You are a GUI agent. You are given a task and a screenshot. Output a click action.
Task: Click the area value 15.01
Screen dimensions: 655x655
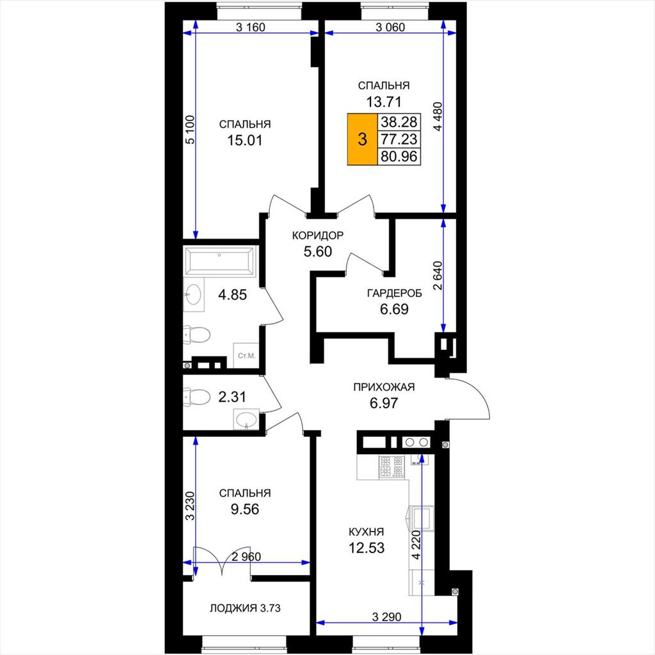pyautogui.click(x=245, y=140)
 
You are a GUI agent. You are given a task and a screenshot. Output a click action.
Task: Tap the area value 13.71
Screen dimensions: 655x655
pyautogui.click(x=384, y=102)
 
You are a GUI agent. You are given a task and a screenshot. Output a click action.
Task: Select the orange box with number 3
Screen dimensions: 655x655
pyautogui.click(x=363, y=139)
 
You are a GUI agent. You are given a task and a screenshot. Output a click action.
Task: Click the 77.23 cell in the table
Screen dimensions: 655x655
pyautogui.click(x=399, y=139)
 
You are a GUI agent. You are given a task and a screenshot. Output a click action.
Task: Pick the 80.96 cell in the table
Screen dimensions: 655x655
pyautogui.click(x=399, y=156)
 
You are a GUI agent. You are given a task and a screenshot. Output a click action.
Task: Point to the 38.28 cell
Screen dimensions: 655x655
pyautogui.click(x=399, y=122)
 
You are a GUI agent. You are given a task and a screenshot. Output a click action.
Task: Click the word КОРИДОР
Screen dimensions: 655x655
pyautogui.click(x=317, y=235)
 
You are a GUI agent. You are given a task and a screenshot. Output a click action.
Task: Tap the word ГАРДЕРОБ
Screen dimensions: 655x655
pyautogui.click(x=394, y=293)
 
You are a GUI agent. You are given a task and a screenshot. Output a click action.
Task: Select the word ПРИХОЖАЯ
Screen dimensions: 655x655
pyautogui.click(x=384, y=387)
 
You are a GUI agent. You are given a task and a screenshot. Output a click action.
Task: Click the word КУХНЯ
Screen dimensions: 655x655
pyautogui.click(x=367, y=532)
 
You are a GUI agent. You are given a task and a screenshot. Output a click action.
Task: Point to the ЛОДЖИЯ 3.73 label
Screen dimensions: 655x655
pyautogui.click(x=245, y=608)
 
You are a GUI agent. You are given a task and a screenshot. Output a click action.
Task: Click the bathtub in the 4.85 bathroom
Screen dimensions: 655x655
pyautogui.click(x=220, y=262)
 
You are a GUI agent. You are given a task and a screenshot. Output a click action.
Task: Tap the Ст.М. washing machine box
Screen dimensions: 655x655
pyautogui.click(x=246, y=356)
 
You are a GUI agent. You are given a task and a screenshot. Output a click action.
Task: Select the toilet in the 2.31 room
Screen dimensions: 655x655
pyautogui.click(x=197, y=397)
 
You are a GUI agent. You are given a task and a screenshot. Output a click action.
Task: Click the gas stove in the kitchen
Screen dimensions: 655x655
pyautogui.click(x=391, y=466)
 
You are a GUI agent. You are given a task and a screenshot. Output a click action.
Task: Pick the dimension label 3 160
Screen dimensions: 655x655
pyautogui.click(x=251, y=28)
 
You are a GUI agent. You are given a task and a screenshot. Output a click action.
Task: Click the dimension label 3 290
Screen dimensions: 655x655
pyautogui.click(x=387, y=617)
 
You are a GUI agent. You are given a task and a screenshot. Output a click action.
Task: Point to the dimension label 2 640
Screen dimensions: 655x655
pyautogui.click(x=437, y=276)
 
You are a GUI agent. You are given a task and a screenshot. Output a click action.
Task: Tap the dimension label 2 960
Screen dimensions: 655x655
pyautogui.click(x=246, y=556)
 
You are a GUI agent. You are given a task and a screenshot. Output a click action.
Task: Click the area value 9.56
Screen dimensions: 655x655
pyautogui.click(x=245, y=509)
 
